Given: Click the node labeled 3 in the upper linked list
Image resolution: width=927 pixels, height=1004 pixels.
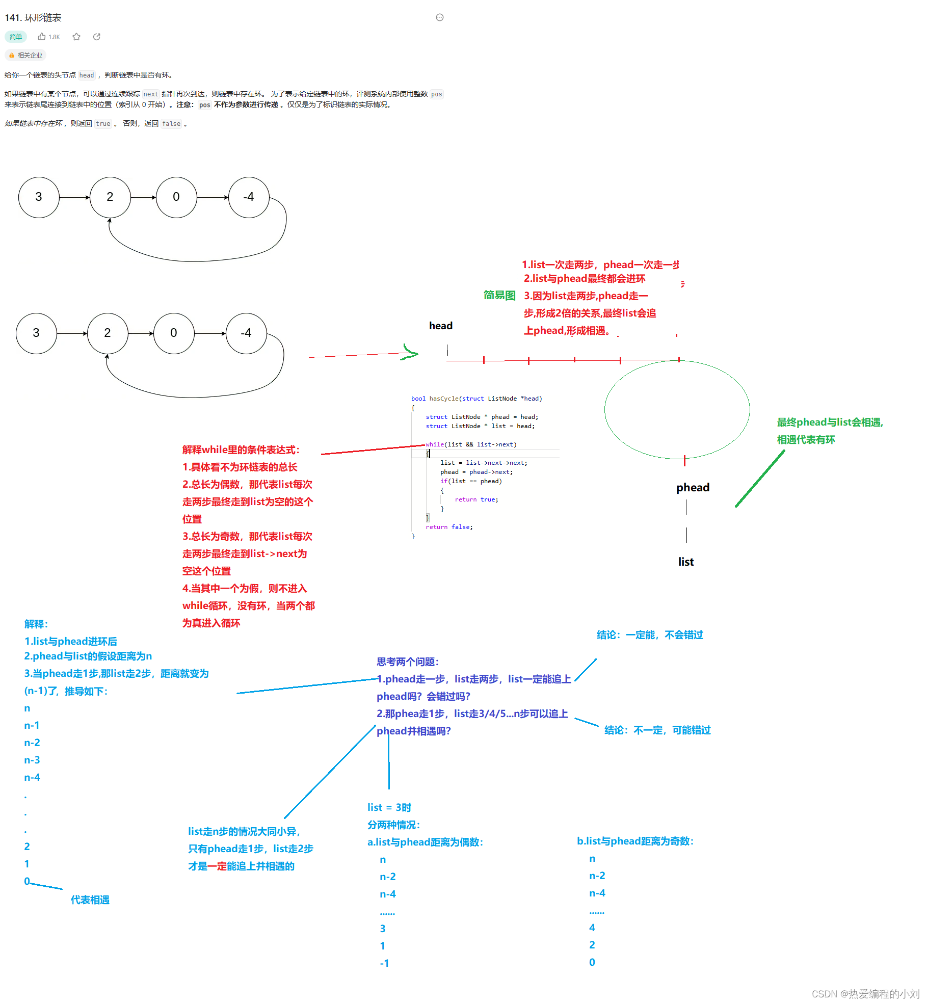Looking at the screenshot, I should (39, 197).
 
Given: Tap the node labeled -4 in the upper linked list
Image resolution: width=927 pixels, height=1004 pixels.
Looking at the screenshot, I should (249, 197).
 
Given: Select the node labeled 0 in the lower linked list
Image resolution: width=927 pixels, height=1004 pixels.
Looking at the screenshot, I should (174, 333).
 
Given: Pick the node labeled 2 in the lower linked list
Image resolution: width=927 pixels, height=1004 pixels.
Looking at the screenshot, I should (108, 333).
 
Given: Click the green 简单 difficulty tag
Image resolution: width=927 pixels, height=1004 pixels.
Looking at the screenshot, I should (16, 37).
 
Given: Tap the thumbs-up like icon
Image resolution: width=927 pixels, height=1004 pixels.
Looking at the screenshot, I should (42, 37).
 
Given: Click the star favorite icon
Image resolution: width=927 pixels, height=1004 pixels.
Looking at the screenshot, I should (76, 37).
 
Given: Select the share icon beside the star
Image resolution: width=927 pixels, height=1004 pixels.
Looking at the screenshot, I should (97, 37).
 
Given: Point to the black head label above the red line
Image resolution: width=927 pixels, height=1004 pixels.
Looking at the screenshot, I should (441, 326).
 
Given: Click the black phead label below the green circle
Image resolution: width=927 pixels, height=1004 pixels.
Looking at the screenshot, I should (693, 488).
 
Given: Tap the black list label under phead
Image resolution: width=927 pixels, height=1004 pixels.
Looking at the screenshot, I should (686, 562).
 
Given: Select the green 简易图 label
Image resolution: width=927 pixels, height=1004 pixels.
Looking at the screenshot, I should (499, 296).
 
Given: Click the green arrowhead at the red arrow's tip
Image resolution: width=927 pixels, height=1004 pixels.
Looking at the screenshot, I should (411, 352).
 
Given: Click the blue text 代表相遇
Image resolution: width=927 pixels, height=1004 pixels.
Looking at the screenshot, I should (90, 900).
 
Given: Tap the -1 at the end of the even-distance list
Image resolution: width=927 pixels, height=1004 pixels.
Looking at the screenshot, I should (384, 963).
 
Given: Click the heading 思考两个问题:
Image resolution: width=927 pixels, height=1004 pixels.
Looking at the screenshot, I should (408, 662).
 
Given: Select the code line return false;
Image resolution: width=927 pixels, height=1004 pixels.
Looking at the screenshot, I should (449, 527).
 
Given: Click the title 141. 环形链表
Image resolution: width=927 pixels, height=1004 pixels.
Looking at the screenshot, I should (33, 18).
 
